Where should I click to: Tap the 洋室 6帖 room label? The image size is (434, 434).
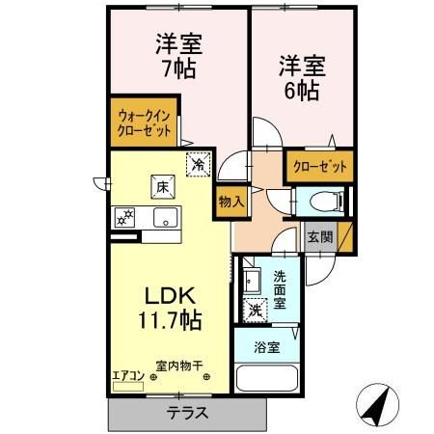303,78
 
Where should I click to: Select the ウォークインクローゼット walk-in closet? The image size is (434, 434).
143,122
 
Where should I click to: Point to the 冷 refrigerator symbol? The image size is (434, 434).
198,165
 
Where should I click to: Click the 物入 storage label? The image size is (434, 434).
231,202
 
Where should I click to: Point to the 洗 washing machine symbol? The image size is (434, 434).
256,311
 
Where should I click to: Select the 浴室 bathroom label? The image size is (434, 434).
268,347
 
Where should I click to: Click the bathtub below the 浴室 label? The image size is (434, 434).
268,377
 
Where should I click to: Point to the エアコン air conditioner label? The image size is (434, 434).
128,376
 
